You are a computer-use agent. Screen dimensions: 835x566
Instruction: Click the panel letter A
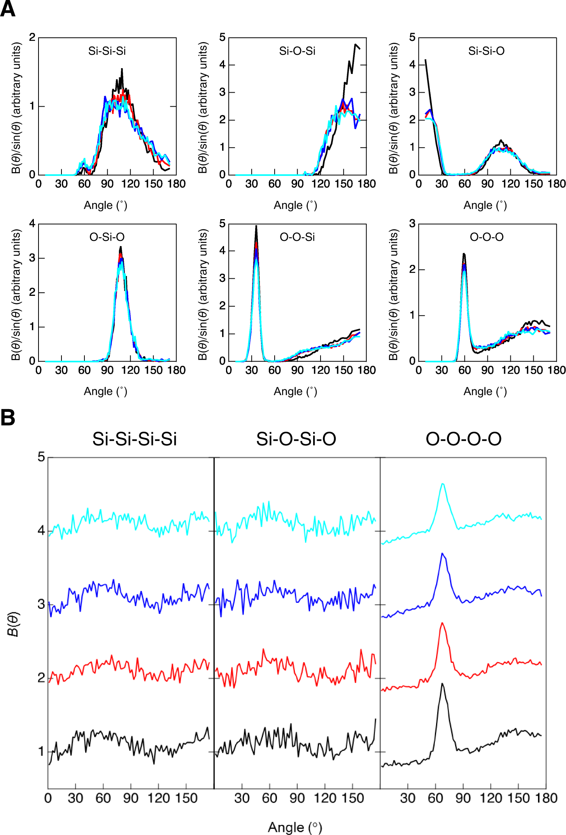click(8, 9)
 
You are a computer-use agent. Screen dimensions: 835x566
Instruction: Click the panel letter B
click(8, 417)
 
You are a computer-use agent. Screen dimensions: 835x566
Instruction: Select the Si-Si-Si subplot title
click(107, 51)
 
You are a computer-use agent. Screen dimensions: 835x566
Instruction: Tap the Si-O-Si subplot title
click(297, 51)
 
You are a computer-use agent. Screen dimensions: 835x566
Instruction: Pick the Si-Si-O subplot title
click(486, 51)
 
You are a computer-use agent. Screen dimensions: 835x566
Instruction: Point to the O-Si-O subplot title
click(107, 237)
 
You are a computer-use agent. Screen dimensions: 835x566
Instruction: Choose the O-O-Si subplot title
click(297, 237)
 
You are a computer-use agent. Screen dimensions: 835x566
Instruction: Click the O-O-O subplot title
click(487, 237)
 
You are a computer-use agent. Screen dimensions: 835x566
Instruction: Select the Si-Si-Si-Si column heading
click(134, 439)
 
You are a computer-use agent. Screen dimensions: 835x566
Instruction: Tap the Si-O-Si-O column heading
click(296, 439)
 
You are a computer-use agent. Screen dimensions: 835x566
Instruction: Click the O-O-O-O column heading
click(463, 439)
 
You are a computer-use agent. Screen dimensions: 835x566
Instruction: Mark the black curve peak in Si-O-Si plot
click(355, 45)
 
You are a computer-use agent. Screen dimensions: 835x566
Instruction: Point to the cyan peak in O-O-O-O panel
click(442, 484)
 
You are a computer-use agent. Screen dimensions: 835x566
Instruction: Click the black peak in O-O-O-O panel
click(442, 684)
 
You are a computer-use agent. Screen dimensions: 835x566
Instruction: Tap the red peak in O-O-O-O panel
click(442, 623)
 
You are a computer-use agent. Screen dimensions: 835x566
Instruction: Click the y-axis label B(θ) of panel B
click(13, 624)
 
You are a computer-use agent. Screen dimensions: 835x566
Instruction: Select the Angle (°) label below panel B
click(295, 827)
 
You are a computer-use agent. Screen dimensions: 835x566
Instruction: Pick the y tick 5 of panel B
click(41, 457)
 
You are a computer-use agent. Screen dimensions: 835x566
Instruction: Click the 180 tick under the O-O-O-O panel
click(546, 798)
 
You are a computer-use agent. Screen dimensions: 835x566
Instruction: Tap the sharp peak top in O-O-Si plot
click(256, 227)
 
